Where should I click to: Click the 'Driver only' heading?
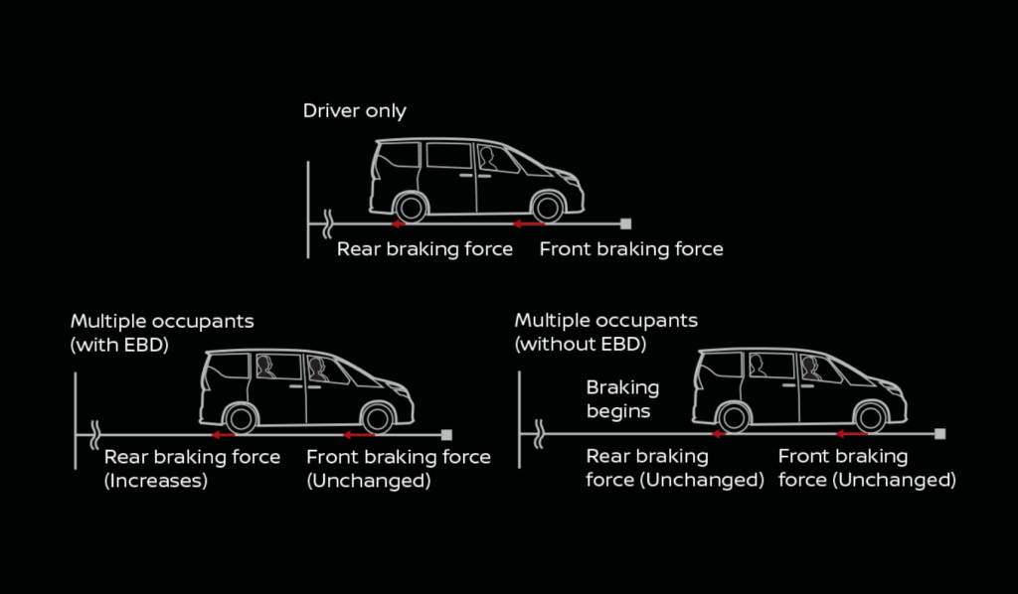click(x=354, y=110)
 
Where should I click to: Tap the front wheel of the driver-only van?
click(x=547, y=208)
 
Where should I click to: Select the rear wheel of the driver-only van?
click(x=409, y=208)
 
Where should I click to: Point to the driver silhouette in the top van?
click(x=488, y=159)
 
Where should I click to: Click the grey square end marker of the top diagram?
click(x=624, y=223)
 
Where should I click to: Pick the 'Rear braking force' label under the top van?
click(x=424, y=249)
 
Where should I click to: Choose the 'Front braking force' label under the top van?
click(x=631, y=249)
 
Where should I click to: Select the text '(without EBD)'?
click(x=581, y=345)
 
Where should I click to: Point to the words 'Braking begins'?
click(x=622, y=398)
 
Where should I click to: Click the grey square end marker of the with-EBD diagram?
click(x=446, y=435)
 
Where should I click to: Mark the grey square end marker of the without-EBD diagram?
click(x=940, y=434)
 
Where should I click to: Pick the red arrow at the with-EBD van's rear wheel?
click(x=221, y=435)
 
